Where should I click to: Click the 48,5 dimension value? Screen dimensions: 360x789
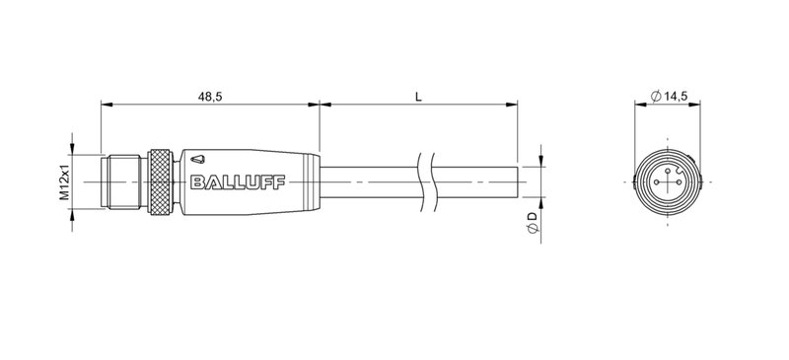210,96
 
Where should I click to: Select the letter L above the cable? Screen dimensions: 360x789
419,96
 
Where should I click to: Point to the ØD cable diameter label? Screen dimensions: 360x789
533,222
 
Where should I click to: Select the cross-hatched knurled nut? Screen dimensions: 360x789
161,181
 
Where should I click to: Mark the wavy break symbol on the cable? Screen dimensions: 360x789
425,181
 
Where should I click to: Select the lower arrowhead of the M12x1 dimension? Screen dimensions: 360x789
73,210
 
